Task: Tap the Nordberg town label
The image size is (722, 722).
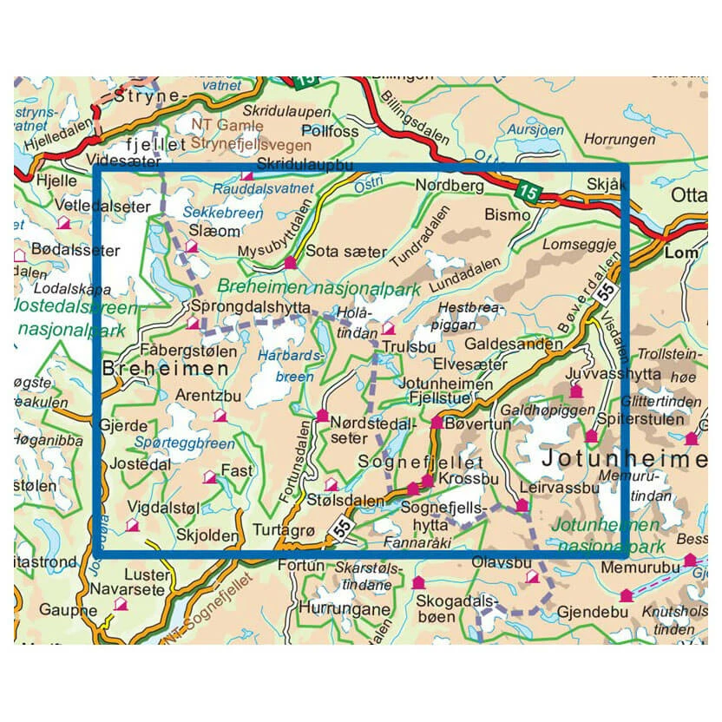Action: (x=447, y=186)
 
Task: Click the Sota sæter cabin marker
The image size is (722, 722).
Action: (x=291, y=261)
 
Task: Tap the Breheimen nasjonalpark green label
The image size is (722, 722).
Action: (x=318, y=286)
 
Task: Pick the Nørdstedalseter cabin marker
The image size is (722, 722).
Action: (x=322, y=416)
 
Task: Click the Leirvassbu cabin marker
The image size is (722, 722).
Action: (x=522, y=505)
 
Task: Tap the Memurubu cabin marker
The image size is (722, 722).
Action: (x=626, y=595)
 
